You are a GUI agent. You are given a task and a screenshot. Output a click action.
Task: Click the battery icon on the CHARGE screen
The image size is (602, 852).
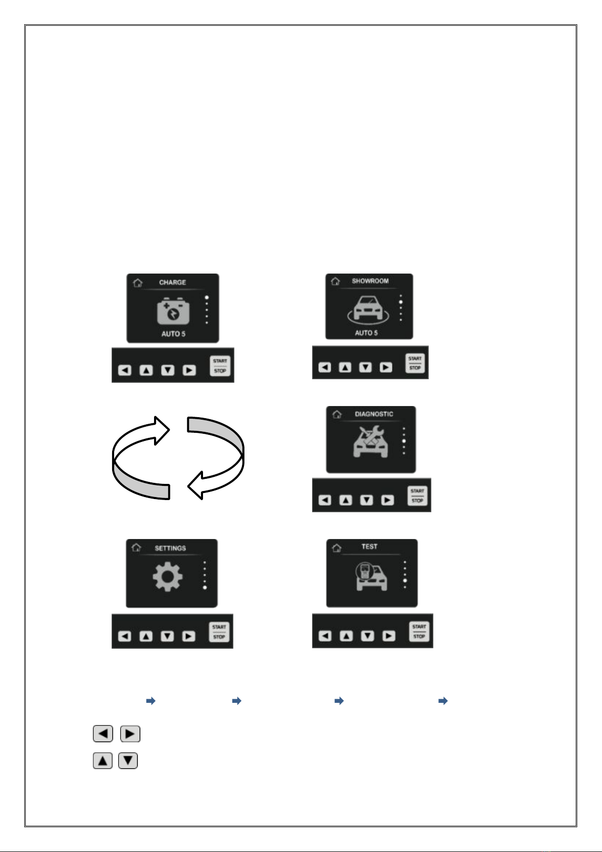pos(173,311)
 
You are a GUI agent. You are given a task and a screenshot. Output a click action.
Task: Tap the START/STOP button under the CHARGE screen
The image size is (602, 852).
pos(220,366)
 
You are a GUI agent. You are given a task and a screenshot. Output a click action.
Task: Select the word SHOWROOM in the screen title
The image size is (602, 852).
pos(370,281)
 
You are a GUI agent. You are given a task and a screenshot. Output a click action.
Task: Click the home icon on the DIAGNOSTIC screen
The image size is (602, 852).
pos(337,414)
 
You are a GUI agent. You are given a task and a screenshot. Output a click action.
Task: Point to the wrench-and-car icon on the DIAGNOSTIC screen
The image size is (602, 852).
pos(370,441)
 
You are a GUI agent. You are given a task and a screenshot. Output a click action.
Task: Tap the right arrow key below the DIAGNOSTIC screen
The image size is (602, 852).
pos(387,500)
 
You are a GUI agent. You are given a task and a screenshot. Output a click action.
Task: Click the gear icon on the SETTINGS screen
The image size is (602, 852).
pos(168,577)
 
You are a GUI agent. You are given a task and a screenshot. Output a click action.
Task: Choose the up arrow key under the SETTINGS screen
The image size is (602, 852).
pos(146,636)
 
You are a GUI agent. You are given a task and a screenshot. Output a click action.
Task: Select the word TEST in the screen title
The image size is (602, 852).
pos(369,547)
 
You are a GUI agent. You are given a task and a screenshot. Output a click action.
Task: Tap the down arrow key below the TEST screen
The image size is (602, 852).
pos(367,636)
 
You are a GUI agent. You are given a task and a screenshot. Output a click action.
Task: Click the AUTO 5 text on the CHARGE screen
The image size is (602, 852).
pos(173,334)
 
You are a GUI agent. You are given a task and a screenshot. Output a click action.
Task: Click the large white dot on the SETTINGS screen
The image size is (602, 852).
pos(205,588)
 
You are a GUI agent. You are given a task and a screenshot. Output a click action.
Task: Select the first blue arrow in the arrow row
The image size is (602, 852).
pos(151,701)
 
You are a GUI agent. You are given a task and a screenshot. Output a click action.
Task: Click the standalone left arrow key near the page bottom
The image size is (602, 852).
pos(103,734)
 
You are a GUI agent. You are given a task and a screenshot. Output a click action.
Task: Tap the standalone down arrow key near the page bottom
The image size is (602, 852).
pos(128,760)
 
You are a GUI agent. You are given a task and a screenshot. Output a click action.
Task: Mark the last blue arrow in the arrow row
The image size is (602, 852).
pos(443,701)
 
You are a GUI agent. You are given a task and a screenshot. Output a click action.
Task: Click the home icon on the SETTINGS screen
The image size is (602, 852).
pos(136,548)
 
